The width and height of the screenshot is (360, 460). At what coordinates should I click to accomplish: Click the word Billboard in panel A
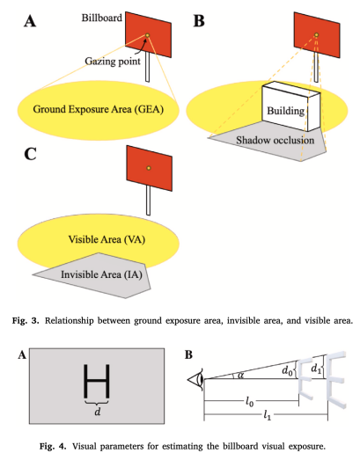(101, 18)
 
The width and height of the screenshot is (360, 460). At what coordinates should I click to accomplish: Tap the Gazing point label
(113, 62)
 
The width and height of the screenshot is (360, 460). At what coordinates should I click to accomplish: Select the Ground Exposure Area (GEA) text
(98, 109)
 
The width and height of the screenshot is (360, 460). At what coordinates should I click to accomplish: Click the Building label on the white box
(285, 111)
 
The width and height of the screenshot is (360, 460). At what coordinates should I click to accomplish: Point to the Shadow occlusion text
(276, 140)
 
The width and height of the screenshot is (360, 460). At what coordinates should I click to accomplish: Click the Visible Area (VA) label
(107, 240)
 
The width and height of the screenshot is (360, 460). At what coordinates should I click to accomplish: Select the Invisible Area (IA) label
(101, 274)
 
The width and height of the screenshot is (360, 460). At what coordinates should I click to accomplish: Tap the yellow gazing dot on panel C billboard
(149, 168)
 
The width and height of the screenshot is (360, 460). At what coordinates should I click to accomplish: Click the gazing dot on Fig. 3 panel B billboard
(316, 35)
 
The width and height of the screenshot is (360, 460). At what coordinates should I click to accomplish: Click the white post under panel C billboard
(148, 201)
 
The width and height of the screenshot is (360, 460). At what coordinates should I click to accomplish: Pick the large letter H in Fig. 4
(97, 381)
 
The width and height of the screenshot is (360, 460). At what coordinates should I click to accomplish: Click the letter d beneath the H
(98, 412)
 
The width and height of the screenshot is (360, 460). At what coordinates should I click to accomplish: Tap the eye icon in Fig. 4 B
(196, 379)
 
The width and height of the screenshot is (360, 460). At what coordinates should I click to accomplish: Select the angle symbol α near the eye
(241, 375)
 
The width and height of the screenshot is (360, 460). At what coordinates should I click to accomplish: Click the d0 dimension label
(287, 371)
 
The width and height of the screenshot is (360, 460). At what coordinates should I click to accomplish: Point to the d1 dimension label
(316, 369)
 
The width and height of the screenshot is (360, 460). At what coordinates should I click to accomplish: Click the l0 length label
(249, 401)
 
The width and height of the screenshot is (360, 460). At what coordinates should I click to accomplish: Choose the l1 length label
(267, 415)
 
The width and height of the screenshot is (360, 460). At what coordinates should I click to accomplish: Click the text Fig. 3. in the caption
(26, 321)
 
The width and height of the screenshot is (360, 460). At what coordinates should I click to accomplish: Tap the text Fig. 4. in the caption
(53, 447)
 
